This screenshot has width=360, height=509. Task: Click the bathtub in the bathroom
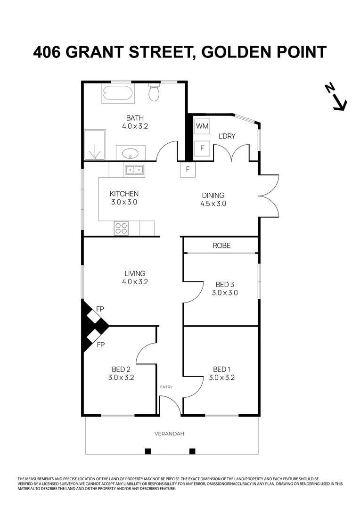117,94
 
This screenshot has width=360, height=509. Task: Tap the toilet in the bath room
154,92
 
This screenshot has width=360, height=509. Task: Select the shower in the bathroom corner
95,146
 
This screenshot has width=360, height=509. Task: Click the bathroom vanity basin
130,153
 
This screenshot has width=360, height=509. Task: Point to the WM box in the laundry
202,126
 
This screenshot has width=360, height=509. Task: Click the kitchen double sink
134,170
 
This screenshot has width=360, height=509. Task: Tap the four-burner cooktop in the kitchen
121,229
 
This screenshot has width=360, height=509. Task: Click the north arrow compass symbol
336,97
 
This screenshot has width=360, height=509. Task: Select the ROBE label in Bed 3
221,246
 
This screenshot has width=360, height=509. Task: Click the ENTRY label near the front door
166,387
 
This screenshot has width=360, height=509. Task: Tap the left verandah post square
147,451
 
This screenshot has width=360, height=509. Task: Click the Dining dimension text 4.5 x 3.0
213,204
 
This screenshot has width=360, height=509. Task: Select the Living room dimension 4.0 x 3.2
135,282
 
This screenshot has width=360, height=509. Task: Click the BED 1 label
221,369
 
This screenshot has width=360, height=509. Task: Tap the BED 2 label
121,369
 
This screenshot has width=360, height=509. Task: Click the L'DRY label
227,136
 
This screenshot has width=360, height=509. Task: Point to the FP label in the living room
100,309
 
